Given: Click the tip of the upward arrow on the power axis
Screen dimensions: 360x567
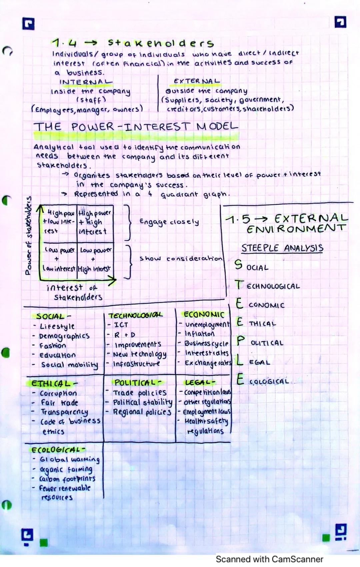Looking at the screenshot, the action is coord(40,205).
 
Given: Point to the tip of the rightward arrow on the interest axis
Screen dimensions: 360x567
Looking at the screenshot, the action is coord(116,280).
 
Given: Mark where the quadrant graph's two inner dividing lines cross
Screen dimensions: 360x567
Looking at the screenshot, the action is coord(77,243).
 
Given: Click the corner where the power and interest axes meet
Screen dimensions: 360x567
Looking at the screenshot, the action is coord(40,280).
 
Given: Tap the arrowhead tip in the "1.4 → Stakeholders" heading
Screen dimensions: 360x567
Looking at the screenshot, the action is coord(97,43).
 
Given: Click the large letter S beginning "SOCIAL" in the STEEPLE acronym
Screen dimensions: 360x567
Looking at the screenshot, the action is coord(238,265).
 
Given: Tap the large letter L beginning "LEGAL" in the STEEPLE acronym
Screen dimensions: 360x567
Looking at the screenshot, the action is coord(240,360).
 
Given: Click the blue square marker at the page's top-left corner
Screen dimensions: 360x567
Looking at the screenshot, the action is coord(28,24).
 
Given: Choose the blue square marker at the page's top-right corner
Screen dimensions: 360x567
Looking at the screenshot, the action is coord(340,22).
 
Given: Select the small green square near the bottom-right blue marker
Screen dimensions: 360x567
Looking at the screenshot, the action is coord(326,538).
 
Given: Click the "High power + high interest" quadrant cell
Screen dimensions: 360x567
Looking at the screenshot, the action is coord(95,223).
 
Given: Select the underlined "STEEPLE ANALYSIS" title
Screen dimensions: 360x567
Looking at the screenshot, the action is coord(282,248).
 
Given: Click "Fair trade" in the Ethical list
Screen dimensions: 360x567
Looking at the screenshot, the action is coord(59,403).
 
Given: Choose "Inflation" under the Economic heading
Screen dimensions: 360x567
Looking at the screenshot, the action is coord(200,334).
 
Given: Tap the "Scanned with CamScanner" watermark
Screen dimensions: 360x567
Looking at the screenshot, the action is coord(269,559).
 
